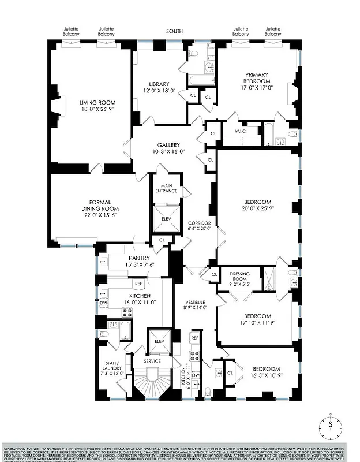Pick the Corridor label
200,223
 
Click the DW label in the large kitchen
104,303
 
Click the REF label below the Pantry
138,284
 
